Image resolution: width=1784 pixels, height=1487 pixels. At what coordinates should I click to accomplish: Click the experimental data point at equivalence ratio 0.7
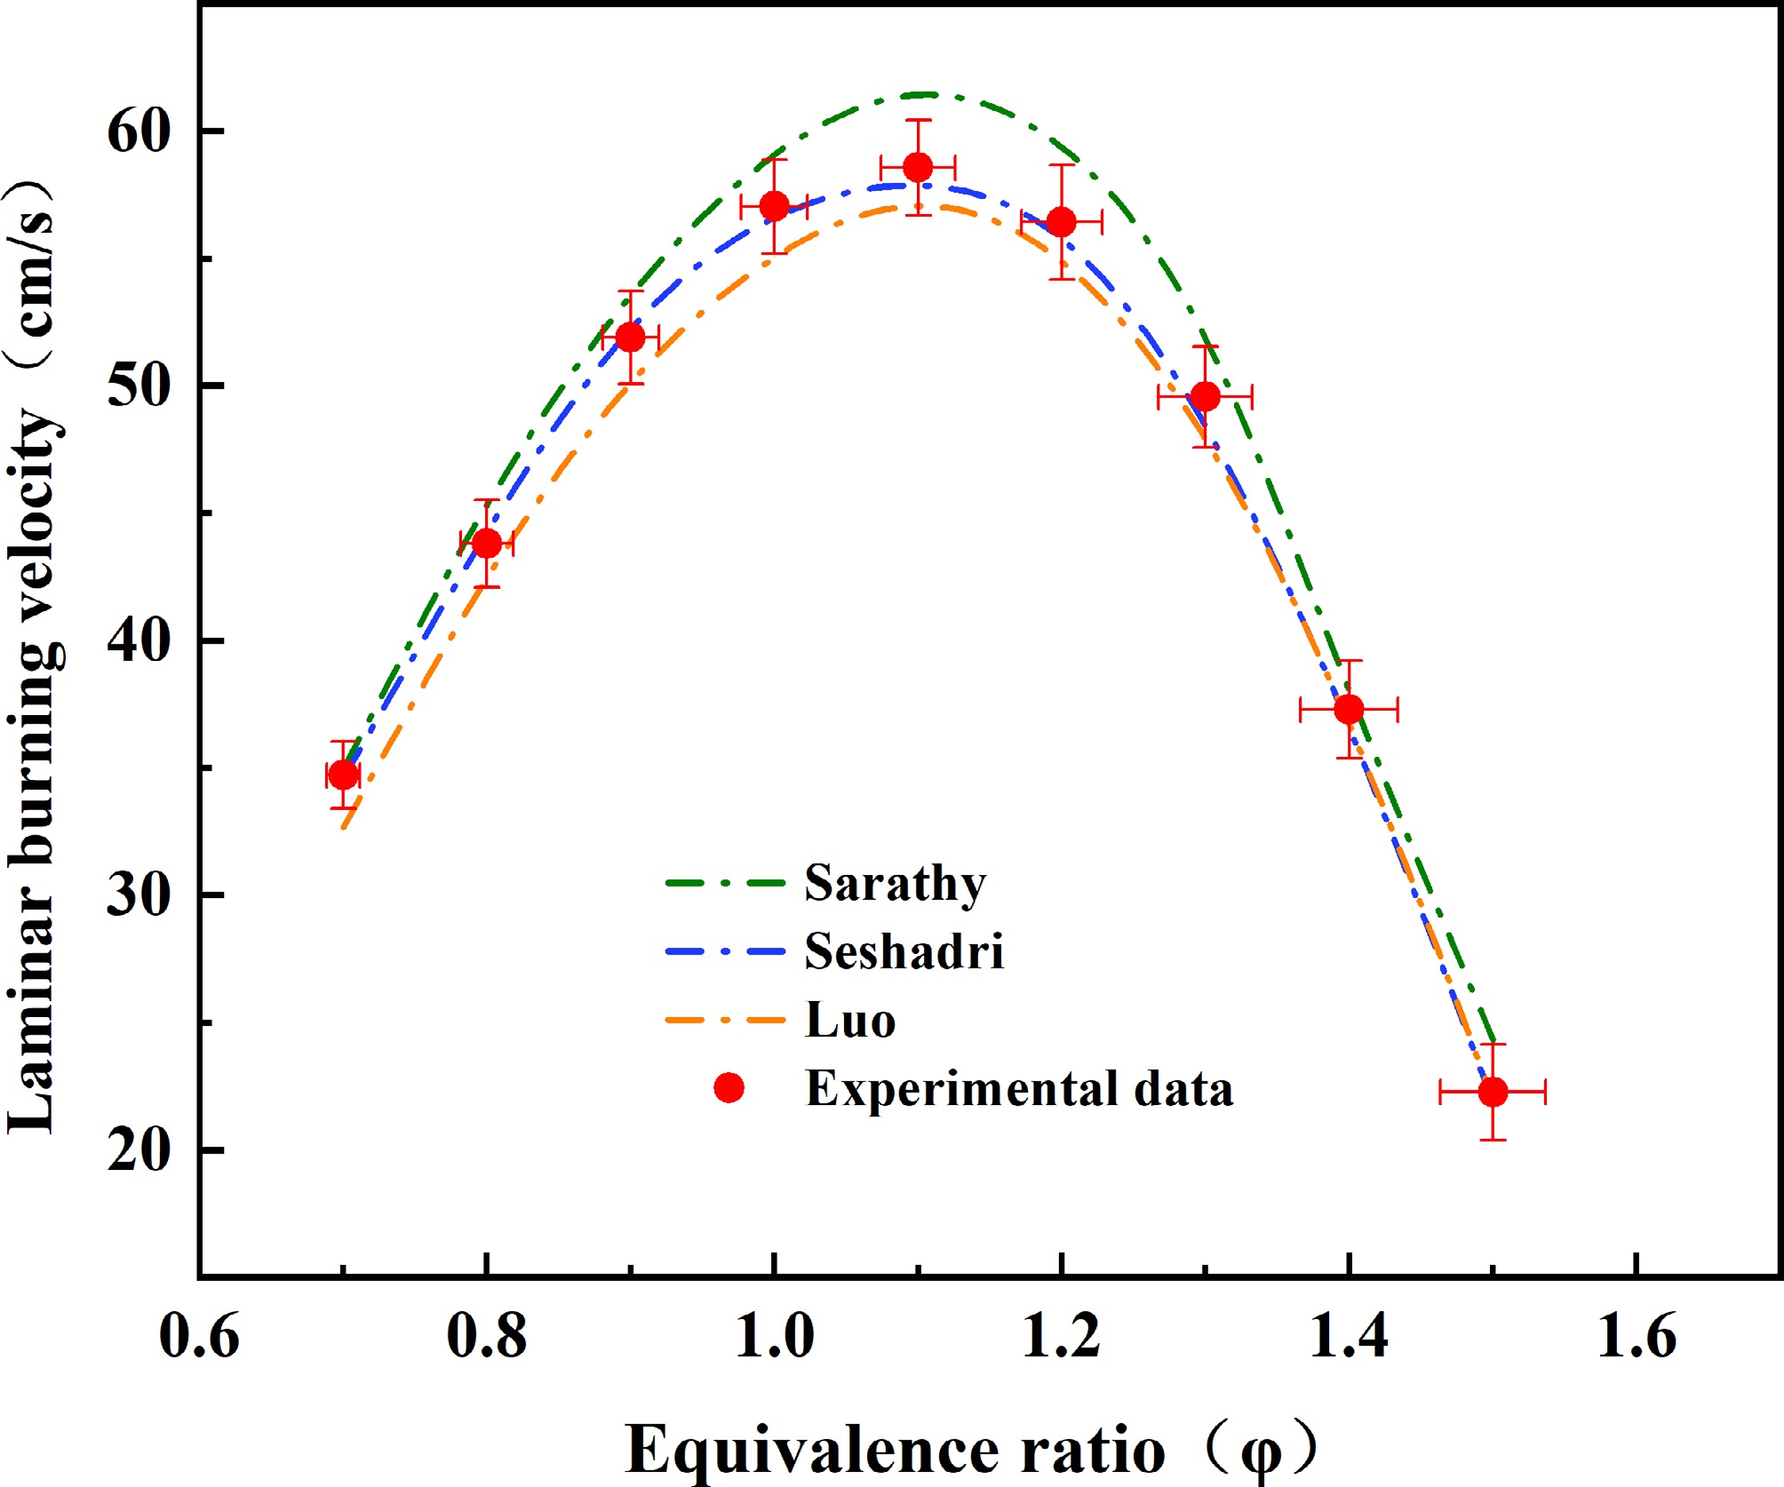[x=343, y=775]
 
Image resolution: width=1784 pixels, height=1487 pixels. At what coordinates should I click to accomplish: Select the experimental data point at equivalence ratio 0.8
[x=486, y=543]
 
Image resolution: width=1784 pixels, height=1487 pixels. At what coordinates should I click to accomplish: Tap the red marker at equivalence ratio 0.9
[x=630, y=338]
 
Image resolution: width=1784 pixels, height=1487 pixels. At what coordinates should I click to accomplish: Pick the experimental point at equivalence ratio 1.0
[x=775, y=206]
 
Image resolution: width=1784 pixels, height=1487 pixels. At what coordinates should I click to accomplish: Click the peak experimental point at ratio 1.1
[x=918, y=167]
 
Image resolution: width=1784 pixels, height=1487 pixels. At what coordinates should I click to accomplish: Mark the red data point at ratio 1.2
[x=1062, y=222]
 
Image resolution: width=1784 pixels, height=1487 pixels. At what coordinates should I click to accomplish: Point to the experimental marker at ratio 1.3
[x=1205, y=396]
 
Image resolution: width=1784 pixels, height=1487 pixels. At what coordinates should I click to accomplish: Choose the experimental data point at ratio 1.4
[x=1349, y=709]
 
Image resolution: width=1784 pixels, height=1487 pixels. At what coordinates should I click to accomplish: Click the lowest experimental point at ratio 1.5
[x=1493, y=1092]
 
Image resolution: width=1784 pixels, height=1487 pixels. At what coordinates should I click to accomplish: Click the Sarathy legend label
[x=895, y=884]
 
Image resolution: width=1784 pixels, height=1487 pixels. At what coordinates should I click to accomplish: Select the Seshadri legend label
[x=904, y=951]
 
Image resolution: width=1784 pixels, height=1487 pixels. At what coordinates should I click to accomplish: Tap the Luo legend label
[x=849, y=1020]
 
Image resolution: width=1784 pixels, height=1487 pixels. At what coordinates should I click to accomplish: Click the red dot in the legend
[x=729, y=1087]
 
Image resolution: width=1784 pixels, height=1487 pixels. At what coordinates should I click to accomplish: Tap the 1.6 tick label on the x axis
[x=1636, y=1335]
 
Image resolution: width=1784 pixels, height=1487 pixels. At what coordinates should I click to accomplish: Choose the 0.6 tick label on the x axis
[x=199, y=1335]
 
